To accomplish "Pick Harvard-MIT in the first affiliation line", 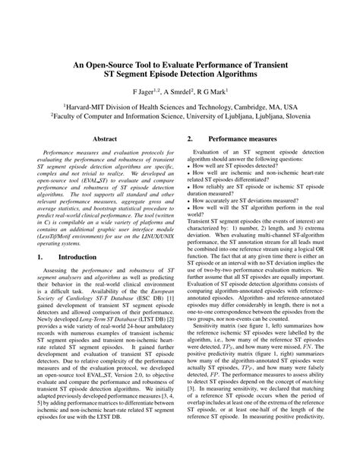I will [87, 109].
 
